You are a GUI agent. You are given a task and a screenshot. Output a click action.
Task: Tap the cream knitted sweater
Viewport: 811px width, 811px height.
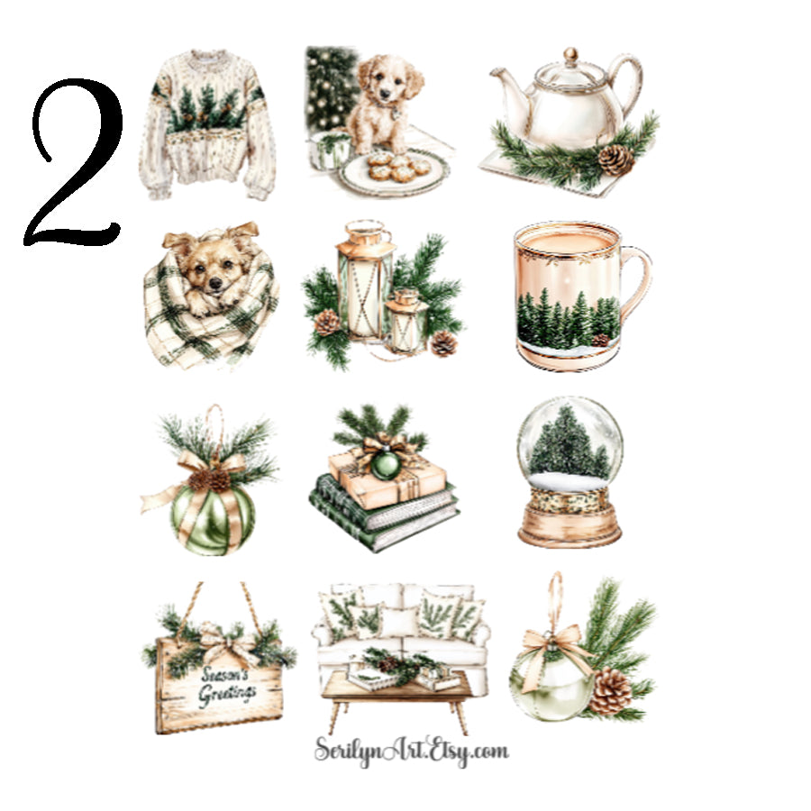205,126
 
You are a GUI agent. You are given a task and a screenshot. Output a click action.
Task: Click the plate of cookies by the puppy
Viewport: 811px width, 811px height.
392,169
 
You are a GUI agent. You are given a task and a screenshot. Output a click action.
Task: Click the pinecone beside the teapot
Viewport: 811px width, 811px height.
616,159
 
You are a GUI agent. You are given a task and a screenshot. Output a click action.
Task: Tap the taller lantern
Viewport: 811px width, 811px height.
364,284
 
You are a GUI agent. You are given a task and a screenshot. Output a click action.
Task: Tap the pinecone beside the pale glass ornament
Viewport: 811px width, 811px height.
611,692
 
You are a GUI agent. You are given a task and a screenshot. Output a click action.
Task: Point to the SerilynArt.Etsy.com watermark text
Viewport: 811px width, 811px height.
411,751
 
